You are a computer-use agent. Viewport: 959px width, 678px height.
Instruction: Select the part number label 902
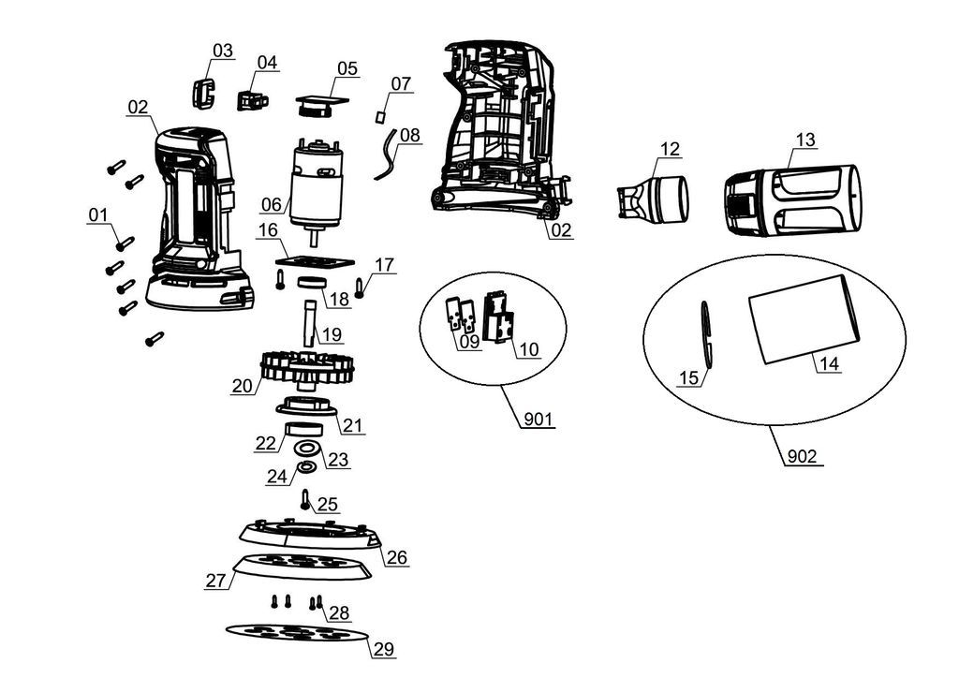pyautogui.click(x=802, y=457)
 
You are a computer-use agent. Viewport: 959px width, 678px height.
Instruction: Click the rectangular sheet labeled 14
pyautogui.click(x=804, y=318)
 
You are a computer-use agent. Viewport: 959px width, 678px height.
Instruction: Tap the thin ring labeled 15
pyautogui.click(x=707, y=335)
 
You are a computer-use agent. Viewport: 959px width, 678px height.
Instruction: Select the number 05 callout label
pyautogui.click(x=347, y=68)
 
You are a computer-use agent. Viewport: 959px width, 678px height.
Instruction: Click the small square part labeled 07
pyautogui.click(x=380, y=116)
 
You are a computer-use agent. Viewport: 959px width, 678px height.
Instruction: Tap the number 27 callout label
pyautogui.click(x=216, y=581)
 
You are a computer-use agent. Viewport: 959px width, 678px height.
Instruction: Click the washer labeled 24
pyautogui.click(x=305, y=466)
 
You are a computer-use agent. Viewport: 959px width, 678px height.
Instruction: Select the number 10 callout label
pyautogui.click(x=529, y=349)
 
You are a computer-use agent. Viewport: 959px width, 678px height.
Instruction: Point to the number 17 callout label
pyautogui.click(x=384, y=265)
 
